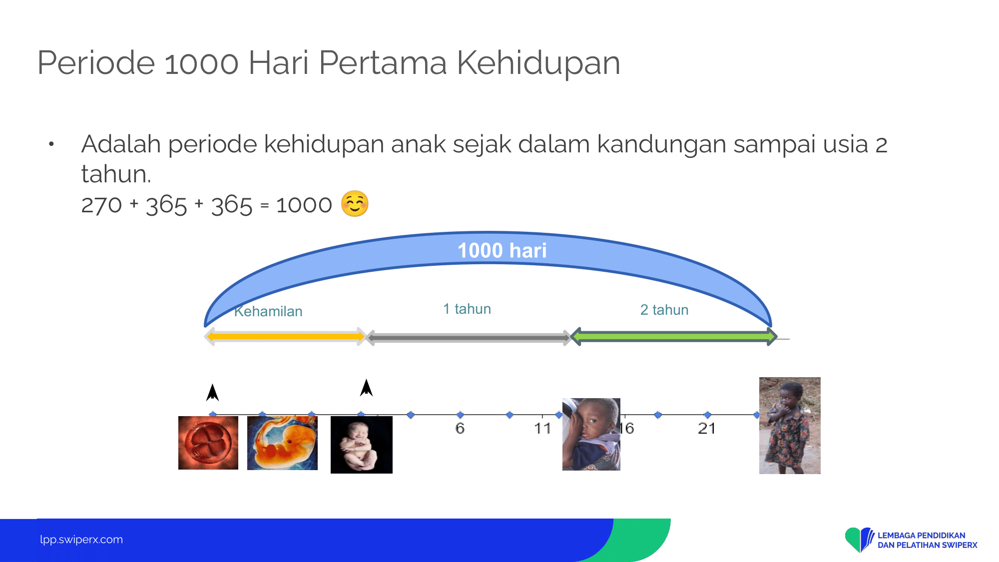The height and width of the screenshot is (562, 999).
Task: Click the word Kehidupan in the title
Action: point(538,63)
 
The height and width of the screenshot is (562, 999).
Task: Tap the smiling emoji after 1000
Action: point(355,204)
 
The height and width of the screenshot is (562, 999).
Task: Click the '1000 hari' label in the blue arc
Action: point(502,250)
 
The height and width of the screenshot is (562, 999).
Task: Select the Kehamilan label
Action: point(268,311)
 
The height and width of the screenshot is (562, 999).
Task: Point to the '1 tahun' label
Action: point(467,309)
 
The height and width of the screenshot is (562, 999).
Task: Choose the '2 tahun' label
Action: point(664,310)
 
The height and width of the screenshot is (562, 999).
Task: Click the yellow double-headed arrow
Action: point(285,336)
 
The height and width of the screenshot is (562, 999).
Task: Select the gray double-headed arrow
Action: point(469,338)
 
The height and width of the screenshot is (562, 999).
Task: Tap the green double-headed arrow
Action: point(674,337)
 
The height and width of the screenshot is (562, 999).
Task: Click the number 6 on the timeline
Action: point(460,428)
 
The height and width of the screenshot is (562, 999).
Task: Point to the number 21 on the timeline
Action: point(707,428)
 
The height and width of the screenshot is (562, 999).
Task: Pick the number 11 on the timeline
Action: point(542,428)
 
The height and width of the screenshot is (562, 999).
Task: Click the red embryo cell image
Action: point(208,443)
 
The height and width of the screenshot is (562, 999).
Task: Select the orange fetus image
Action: point(282,443)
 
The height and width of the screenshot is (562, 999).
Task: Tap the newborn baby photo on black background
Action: point(362,445)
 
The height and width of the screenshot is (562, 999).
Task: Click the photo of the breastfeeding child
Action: point(591,434)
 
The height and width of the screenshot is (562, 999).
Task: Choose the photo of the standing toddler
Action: point(790,426)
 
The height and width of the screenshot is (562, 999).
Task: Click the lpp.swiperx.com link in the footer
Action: point(81,540)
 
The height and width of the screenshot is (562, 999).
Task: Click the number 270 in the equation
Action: point(101,205)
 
